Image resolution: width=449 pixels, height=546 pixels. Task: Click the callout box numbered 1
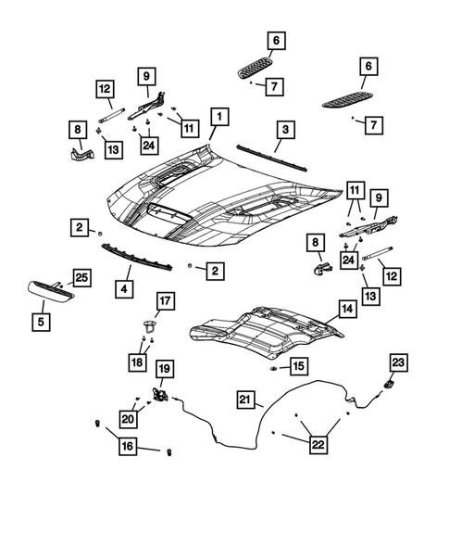tap(218, 118)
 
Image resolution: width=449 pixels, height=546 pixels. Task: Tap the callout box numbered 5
tap(40, 323)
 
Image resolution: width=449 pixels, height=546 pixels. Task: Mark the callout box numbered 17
tap(164, 300)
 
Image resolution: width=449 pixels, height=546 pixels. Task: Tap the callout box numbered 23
tap(397, 362)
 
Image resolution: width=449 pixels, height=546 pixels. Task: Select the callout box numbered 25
tap(81, 277)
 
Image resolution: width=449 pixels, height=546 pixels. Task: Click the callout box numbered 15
tap(298, 367)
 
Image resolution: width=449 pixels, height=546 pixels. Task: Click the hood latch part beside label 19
tap(160, 394)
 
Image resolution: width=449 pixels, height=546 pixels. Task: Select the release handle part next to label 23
tap(389, 385)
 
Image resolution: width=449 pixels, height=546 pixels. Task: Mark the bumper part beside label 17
tap(148, 324)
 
